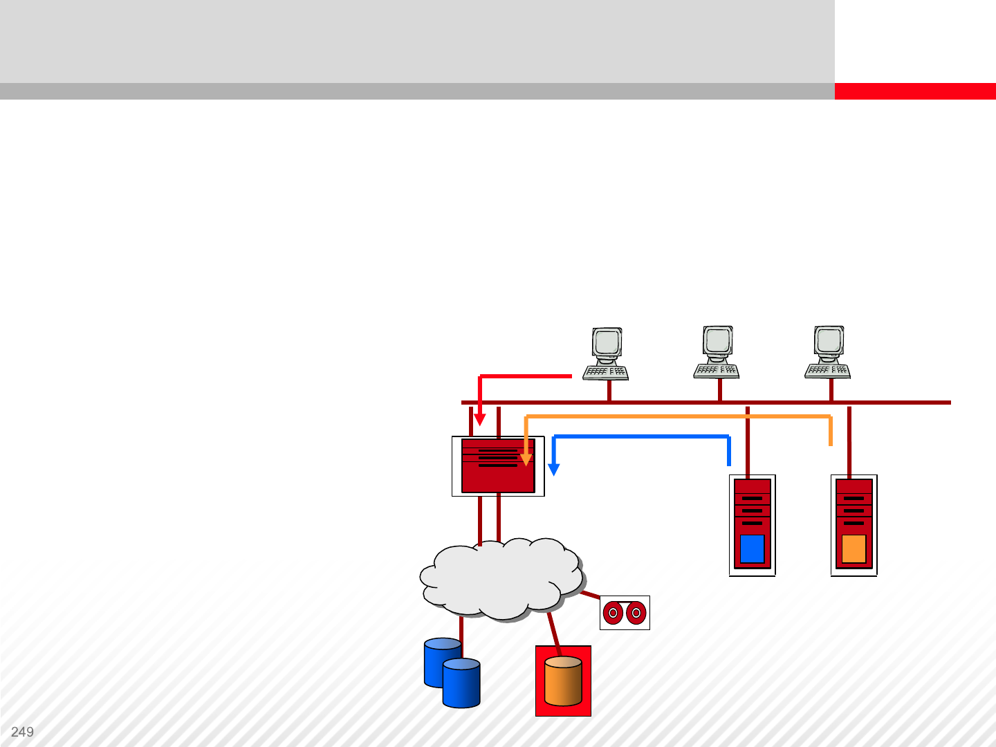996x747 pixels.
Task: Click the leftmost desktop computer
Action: (606, 354)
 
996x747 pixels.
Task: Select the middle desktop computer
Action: (717, 353)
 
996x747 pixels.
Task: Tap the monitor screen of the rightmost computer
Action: (828, 340)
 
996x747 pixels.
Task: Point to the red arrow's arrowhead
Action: (479, 419)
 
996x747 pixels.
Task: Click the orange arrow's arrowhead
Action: (526, 459)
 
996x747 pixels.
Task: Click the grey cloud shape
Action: (501, 578)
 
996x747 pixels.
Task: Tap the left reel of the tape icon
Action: (613, 613)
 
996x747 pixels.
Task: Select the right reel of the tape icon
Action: (636, 613)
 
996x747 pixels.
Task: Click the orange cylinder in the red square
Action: (563, 681)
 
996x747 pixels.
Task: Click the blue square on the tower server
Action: (752, 548)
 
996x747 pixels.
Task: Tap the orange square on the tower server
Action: (854, 549)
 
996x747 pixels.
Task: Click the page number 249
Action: (22, 732)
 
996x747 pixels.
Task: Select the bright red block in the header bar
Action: (914, 91)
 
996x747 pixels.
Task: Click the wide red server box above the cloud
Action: (498, 466)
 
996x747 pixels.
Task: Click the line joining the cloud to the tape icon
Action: (590, 594)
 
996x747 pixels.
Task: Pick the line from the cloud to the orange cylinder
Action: (553, 628)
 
